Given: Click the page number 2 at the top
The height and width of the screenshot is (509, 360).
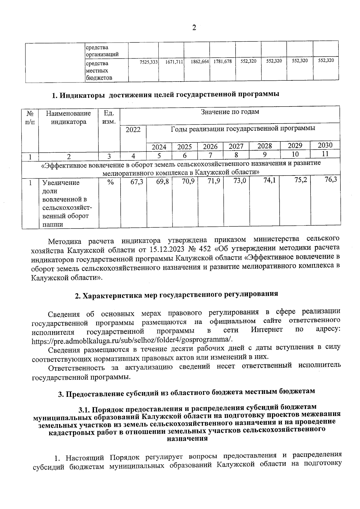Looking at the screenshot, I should tap(194, 28).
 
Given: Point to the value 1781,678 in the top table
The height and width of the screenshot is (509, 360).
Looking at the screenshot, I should tap(223, 61).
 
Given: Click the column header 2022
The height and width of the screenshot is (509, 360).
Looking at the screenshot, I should tap(133, 130).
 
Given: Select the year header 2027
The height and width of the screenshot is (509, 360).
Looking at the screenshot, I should tap(236, 147).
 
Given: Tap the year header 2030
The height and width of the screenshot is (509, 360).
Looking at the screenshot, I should tap(325, 145).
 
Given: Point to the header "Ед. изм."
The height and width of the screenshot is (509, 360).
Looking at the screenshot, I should tap(109, 117).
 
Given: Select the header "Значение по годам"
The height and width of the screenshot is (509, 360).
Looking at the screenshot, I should tap(230, 112).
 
